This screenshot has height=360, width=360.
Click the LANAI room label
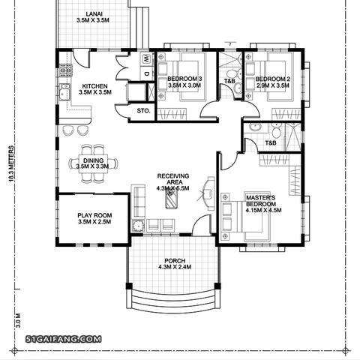(x=94, y=14)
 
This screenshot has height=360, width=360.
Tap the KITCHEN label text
(x=95, y=86)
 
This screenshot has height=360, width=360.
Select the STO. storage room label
(x=143, y=110)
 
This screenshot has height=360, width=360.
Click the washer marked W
(x=146, y=59)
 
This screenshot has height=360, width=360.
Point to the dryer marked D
(x=146, y=74)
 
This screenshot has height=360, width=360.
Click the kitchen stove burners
(x=66, y=70)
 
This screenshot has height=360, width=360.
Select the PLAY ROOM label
(x=94, y=215)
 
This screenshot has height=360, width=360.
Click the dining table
(x=94, y=163)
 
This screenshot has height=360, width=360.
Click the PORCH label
(x=175, y=261)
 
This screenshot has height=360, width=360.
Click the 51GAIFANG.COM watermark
(x=64, y=339)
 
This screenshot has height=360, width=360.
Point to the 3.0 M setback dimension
(x=18, y=320)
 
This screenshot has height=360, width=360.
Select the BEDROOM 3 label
(x=184, y=79)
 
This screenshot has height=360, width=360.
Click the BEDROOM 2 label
(x=273, y=79)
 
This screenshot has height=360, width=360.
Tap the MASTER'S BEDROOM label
(x=261, y=201)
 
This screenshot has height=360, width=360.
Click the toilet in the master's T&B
(x=277, y=131)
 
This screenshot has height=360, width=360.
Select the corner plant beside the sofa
(x=138, y=225)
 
